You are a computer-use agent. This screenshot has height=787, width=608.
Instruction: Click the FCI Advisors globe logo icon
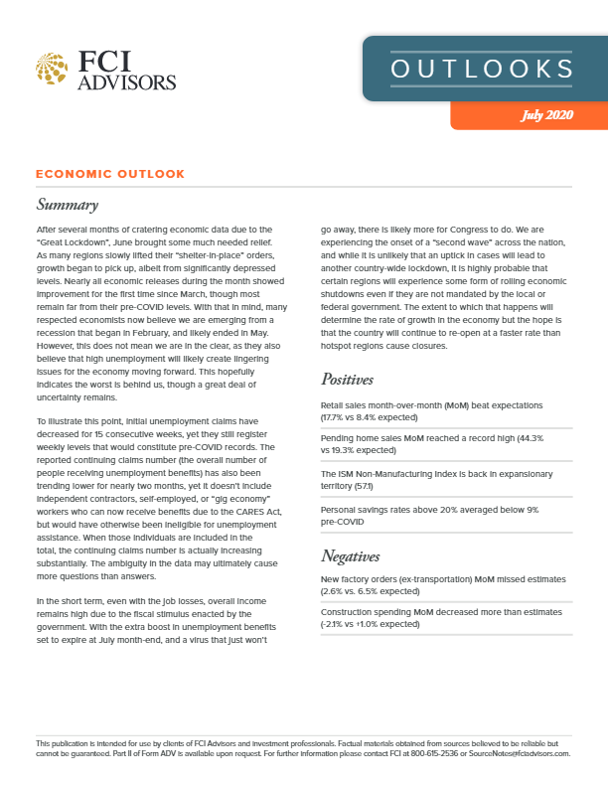52,69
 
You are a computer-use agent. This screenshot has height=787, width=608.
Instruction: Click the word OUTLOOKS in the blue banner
481,69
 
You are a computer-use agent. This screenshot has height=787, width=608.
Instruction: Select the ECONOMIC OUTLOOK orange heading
109,174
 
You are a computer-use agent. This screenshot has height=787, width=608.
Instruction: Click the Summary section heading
67,206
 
